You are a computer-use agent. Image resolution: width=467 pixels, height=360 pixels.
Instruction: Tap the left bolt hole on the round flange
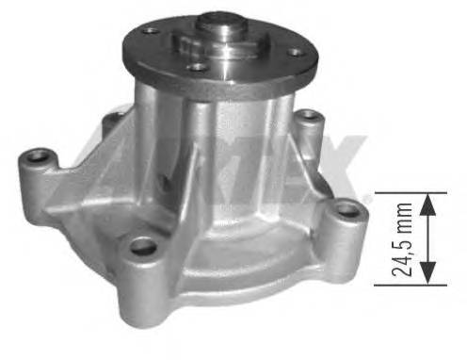(x=150, y=31)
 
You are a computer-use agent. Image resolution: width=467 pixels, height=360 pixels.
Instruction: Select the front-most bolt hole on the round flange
(x=195, y=67)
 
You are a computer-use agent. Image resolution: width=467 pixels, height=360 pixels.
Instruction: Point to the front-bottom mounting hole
(x=143, y=247)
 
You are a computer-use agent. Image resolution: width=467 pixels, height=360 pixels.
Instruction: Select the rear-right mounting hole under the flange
(x=308, y=118)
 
